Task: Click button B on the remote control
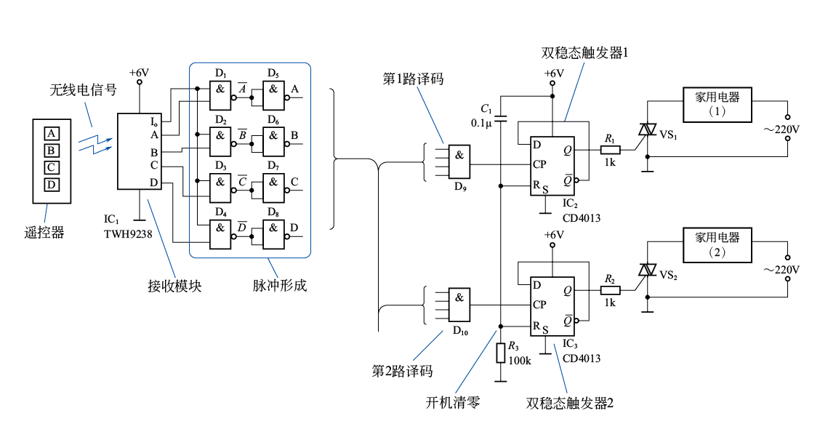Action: [x=51, y=151]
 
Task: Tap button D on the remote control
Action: [x=51, y=185]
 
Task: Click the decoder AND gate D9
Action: [x=459, y=162]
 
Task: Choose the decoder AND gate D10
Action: [x=459, y=305]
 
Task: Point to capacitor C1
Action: [x=500, y=117]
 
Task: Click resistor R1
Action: [x=610, y=151]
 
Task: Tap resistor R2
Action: [x=610, y=290]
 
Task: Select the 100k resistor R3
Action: [x=500, y=353]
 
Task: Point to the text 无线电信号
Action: [x=83, y=90]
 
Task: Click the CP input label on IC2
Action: [x=539, y=164]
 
